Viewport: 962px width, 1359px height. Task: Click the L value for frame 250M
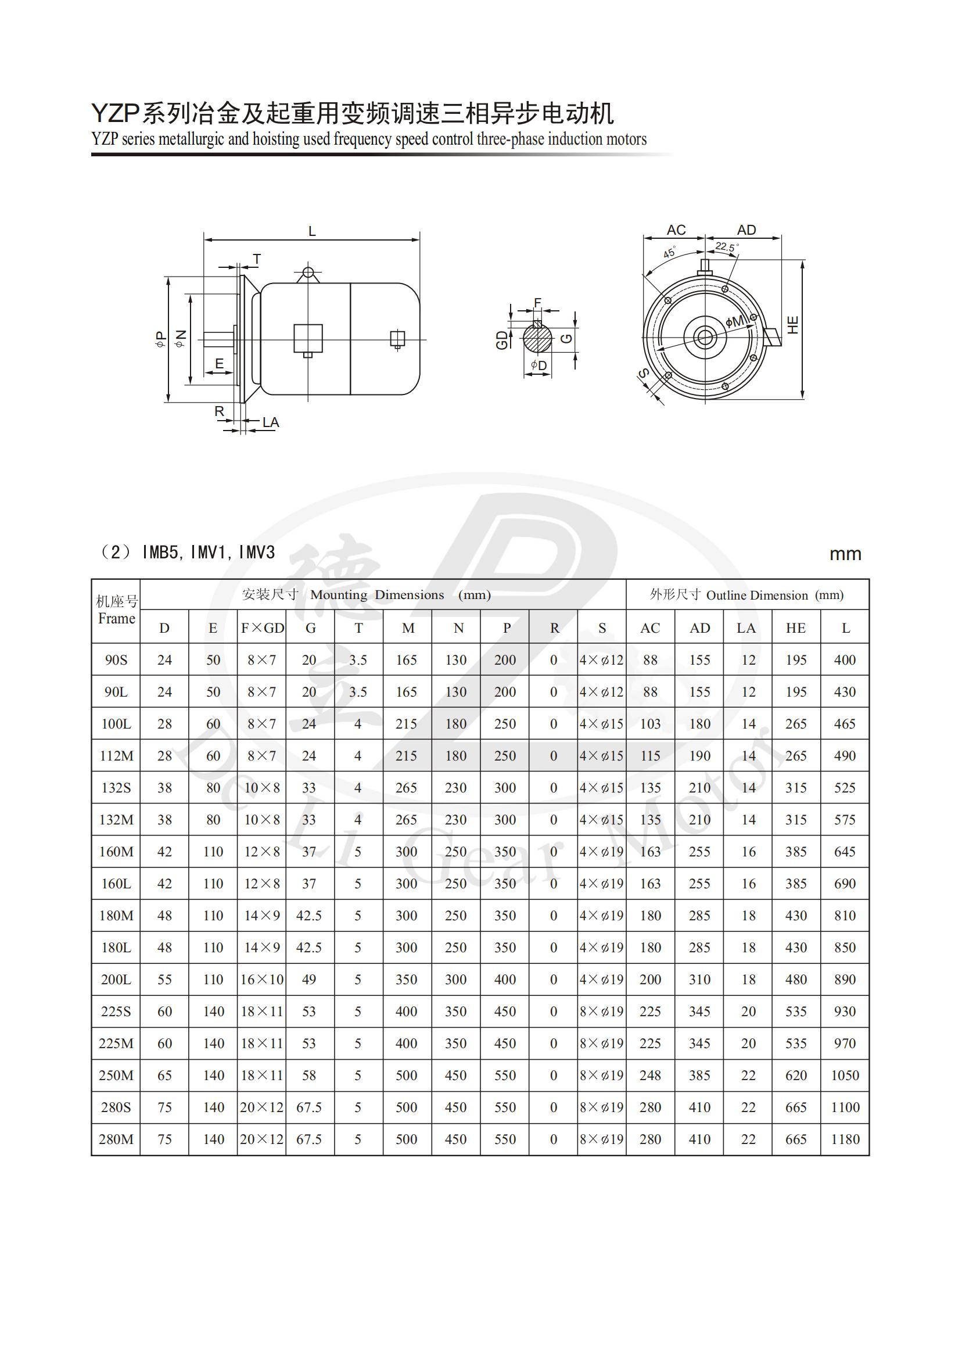coord(845,1075)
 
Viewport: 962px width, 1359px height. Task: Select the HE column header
coord(795,628)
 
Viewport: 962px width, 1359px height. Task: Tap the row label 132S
coord(116,788)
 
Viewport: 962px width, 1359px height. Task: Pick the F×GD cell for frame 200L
coord(262,979)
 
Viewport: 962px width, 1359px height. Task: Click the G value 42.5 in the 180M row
coord(308,915)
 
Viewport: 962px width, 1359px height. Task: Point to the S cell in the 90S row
coord(602,660)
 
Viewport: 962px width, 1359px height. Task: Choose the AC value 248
coord(651,1075)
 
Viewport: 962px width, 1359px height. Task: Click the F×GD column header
coord(263,628)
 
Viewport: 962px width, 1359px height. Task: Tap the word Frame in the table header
coord(117,618)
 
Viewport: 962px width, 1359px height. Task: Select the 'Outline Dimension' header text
coord(757,596)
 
